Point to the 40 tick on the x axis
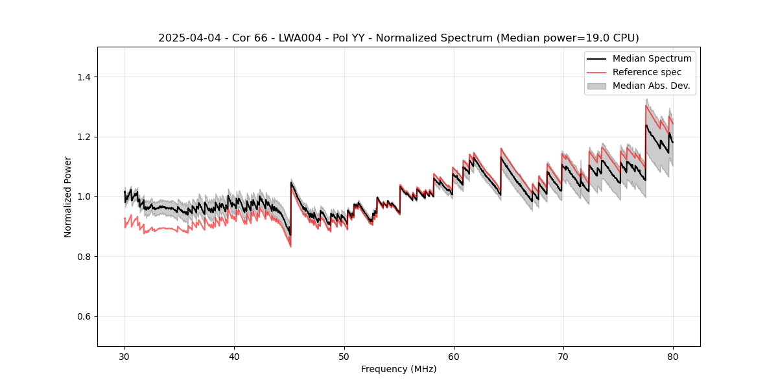click(x=235, y=357)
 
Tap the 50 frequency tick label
click(x=344, y=357)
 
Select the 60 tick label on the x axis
click(x=454, y=357)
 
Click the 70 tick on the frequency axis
click(x=563, y=357)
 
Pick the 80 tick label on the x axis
click(x=673, y=357)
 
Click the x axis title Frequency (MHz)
click(x=399, y=369)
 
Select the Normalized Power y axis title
click(x=68, y=196)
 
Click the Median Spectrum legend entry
click(x=652, y=59)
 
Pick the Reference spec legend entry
click(x=647, y=72)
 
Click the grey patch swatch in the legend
click(x=596, y=86)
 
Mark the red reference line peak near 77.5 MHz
click(x=646, y=106)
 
